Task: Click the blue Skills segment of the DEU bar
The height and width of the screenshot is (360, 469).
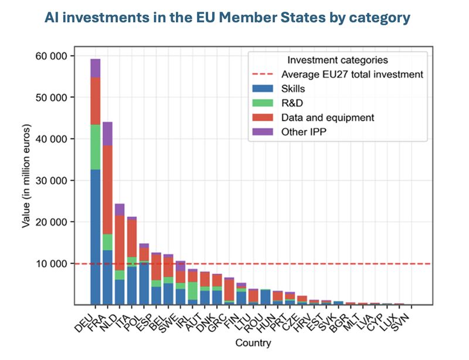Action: point(95,237)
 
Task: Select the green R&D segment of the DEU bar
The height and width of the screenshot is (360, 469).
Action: point(95,147)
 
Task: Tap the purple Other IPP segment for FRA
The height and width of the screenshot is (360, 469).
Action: point(107,133)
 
